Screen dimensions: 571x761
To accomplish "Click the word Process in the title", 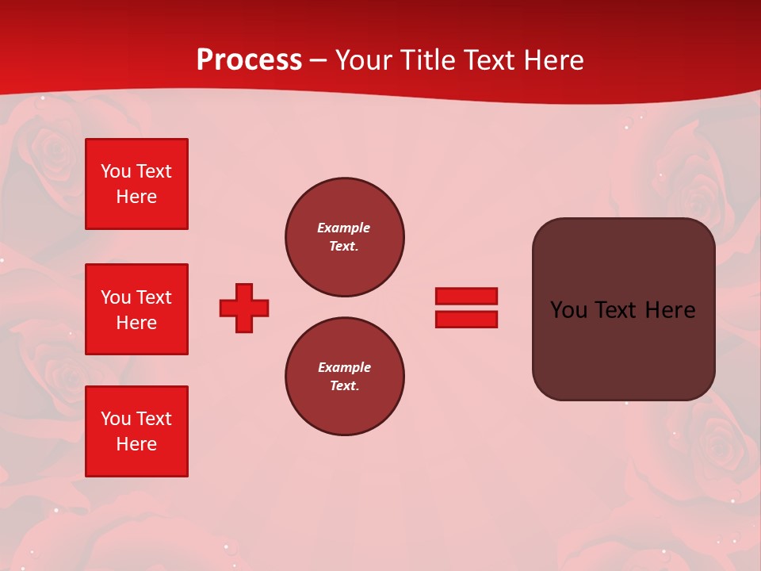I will pyautogui.click(x=249, y=60).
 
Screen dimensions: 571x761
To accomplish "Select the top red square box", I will pyautogui.click(x=136, y=184).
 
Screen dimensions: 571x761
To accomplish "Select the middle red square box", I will pyautogui.click(x=136, y=309).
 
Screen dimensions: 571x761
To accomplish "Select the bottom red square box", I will pyautogui.click(x=136, y=431).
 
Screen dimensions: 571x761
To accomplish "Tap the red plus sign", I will pyautogui.click(x=244, y=308).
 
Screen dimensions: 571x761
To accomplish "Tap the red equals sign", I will pyautogui.click(x=466, y=308).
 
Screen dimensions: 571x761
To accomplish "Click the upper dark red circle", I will pyautogui.click(x=345, y=237).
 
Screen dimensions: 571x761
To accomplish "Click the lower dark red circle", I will pyautogui.click(x=345, y=377).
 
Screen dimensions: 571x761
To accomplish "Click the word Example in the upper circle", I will pyautogui.click(x=344, y=228).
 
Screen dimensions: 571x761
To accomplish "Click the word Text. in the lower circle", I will pyautogui.click(x=344, y=386).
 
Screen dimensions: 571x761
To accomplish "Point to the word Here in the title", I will pyautogui.click(x=554, y=60).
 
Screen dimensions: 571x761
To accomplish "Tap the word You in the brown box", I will pyautogui.click(x=569, y=310).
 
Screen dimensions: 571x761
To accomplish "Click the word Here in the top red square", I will pyautogui.click(x=136, y=197).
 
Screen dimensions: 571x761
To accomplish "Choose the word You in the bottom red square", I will pyautogui.click(x=116, y=419).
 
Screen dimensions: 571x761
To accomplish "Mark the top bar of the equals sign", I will pyautogui.click(x=466, y=297).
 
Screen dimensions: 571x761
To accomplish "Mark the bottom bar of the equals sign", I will pyautogui.click(x=466, y=320).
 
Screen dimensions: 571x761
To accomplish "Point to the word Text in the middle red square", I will pyautogui.click(x=153, y=297).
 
